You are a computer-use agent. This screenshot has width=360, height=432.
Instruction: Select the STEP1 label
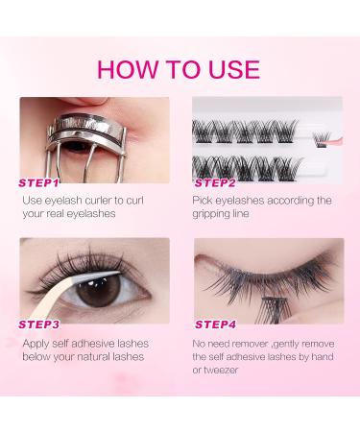click(x=38, y=183)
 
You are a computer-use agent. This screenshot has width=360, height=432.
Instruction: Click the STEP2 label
click(x=215, y=183)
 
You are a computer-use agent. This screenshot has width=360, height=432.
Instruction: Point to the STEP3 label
click(x=38, y=324)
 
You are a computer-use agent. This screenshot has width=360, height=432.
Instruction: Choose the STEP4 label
click(x=215, y=324)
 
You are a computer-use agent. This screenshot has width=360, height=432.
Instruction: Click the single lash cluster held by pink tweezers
click(x=322, y=139)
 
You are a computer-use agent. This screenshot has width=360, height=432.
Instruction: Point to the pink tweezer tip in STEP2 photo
click(x=334, y=141)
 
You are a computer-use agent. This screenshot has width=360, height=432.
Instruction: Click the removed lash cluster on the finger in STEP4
click(x=276, y=309)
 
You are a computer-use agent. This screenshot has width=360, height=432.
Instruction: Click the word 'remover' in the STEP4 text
click(x=250, y=344)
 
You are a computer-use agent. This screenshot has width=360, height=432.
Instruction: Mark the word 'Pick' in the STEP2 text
click(x=203, y=201)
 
